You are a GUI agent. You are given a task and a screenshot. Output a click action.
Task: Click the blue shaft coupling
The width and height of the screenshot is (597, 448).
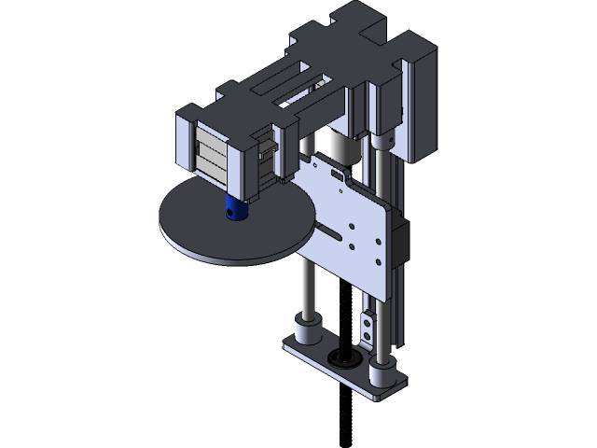point(233,209)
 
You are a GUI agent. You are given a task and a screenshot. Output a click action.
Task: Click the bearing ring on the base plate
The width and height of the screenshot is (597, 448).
point(338,358)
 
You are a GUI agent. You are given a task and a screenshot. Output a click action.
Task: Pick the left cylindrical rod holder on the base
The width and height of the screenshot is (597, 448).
point(307,330)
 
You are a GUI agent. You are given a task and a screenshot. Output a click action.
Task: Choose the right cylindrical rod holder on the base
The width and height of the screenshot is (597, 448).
point(380,372)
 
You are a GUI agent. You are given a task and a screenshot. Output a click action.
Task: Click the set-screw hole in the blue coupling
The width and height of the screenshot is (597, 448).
point(229,214)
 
